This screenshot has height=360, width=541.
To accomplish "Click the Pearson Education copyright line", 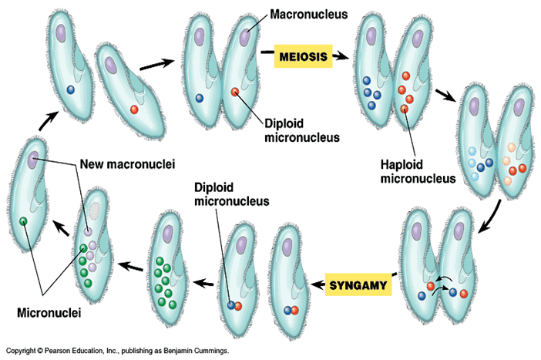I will tap(116, 351).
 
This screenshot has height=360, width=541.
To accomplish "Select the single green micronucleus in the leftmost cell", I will tap(24, 222).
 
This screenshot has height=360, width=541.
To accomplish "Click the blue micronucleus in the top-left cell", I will tap(70, 89).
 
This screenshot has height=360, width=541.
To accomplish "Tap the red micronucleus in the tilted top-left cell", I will tap(134, 109).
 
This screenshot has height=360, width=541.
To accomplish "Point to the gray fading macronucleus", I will tap(95, 210).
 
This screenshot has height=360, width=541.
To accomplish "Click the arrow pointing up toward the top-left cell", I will tap(48, 120).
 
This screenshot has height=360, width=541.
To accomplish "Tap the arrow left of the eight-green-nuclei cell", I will tap(131, 266).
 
